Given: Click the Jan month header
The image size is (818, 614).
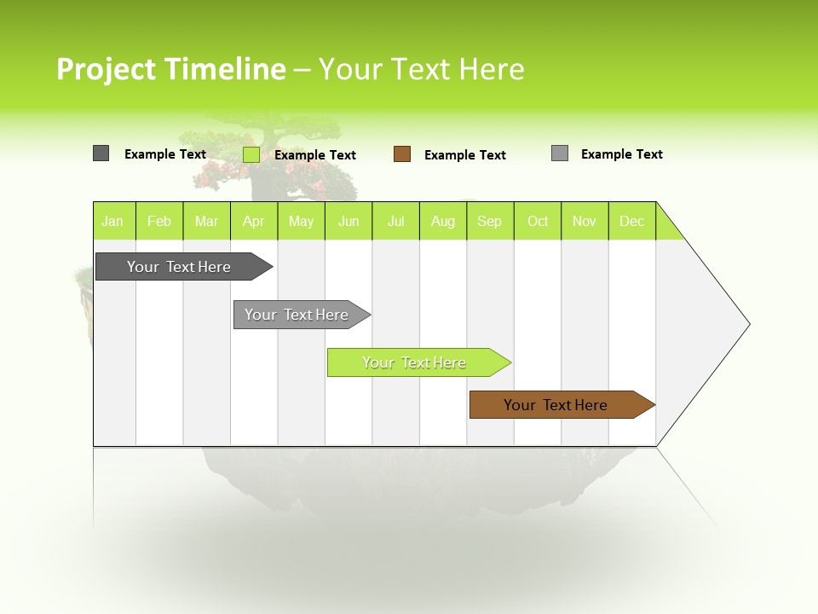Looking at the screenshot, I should tap(112, 221).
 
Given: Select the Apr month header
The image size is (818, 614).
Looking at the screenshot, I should tap(253, 221).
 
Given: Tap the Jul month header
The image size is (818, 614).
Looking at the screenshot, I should tap(395, 221).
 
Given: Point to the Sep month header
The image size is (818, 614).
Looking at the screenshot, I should tap(489, 221).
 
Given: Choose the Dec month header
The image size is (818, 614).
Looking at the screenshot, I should tap(631, 221).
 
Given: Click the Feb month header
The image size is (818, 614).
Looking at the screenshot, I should tap(159, 221).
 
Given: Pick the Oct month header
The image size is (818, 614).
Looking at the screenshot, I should tap(538, 221).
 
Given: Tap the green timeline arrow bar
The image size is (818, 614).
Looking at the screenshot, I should tap(415, 362).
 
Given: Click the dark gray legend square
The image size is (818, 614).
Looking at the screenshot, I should tap(101, 153).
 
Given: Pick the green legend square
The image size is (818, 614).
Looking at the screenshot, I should tap(251, 154).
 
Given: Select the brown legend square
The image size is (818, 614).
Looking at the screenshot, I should tap(402, 154).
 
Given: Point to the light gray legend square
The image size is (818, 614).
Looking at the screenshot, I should tap(560, 153).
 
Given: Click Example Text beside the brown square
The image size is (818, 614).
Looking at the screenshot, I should tap(465, 155).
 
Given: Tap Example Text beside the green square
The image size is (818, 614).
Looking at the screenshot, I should tap(315, 155).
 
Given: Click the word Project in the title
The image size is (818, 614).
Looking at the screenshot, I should tap(106, 69).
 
